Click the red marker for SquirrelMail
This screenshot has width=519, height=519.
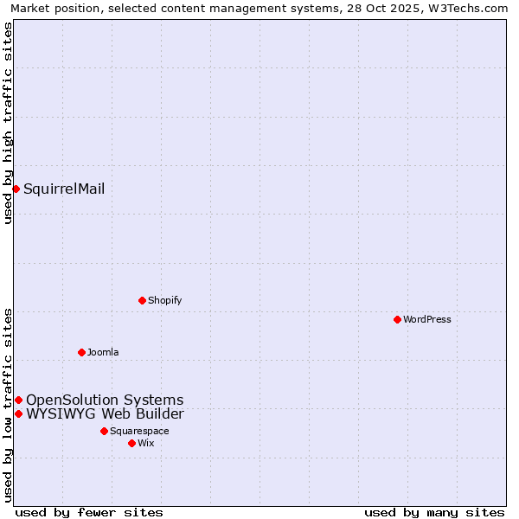[x=16, y=189]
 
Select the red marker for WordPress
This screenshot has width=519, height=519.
[x=397, y=319]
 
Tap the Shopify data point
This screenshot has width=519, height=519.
[x=142, y=300]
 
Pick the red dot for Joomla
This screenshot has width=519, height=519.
[x=81, y=352]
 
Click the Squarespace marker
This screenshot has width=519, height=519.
[x=104, y=431]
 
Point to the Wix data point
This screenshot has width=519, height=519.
[x=131, y=443]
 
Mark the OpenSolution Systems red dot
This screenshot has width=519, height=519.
[x=18, y=400]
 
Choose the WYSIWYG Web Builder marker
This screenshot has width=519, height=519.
[x=18, y=413]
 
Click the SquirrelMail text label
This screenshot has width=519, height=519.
[x=64, y=189]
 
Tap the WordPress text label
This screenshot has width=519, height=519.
[x=427, y=319]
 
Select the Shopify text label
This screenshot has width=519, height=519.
[x=164, y=300]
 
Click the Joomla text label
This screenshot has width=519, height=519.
[x=103, y=352]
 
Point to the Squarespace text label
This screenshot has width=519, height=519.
[x=139, y=431]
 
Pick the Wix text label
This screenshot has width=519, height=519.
[x=145, y=443]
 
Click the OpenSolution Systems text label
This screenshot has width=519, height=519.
[x=105, y=400]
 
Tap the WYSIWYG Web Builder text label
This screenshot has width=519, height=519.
[x=105, y=413]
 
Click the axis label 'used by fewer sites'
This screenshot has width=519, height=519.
[x=89, y=512]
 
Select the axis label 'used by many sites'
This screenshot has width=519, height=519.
[x=434, y=512]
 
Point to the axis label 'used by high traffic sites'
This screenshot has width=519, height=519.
[x=8, y=123]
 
